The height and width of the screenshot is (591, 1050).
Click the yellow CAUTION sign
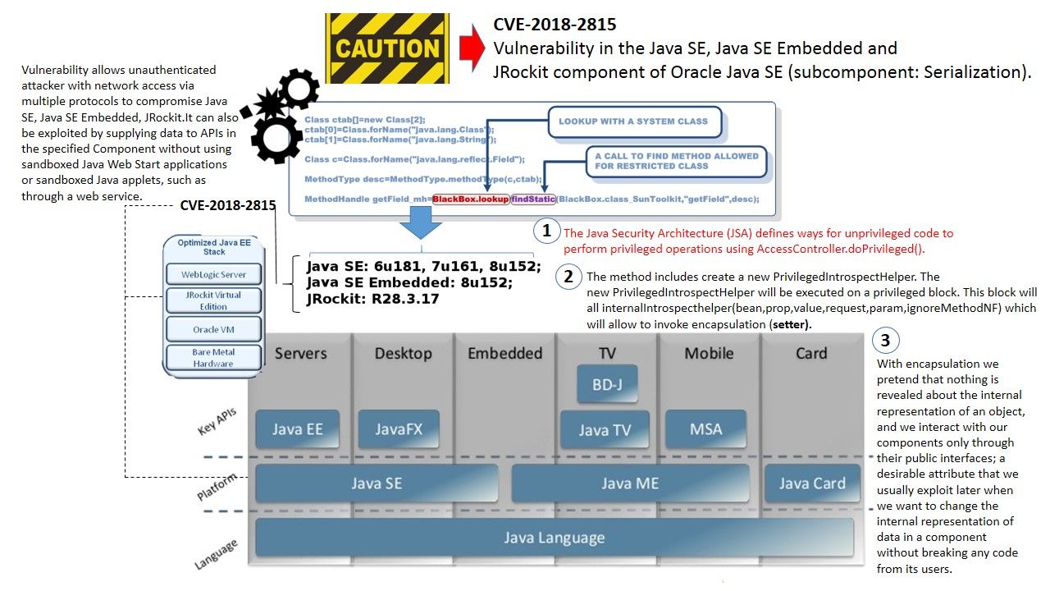click(387, 48)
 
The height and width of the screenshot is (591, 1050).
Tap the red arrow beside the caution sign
click(472, 48)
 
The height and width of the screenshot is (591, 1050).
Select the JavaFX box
click(399, 428)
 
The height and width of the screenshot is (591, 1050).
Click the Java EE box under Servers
click(297, 428)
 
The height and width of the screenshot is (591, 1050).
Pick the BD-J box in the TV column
click(606, 383)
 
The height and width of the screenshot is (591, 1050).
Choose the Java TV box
click(605, 429)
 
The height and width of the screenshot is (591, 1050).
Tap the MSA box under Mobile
click(705, 428)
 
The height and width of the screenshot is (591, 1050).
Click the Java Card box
click(811, 483)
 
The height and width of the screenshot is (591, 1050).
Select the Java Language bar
click(554, 538)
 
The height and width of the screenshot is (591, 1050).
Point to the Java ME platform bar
click(629, 483)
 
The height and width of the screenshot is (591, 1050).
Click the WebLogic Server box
click(213, 273)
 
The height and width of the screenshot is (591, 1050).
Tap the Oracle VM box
click(213, 329)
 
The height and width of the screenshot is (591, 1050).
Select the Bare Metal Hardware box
click(213, 358)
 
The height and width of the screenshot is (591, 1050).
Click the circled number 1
click(546, 231)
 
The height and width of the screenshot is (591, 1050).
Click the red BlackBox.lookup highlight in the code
click(470, 199)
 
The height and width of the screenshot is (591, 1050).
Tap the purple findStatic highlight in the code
click(533, 199)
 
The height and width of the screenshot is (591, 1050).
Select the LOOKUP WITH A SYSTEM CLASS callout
click(633, 121)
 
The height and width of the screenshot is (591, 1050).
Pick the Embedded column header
click(504, 353)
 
